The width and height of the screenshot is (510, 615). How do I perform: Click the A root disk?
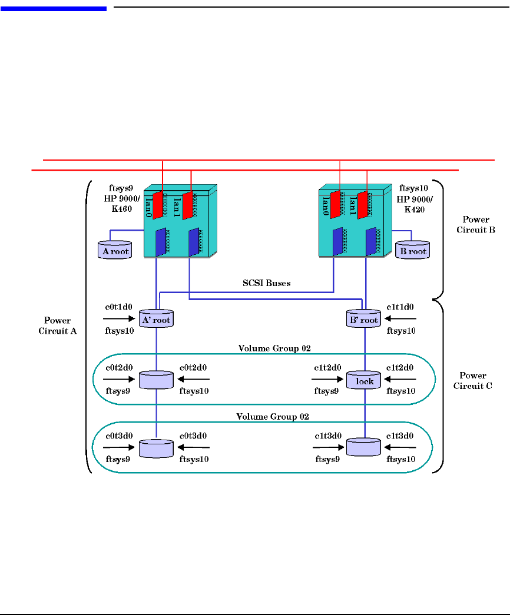[113, 250]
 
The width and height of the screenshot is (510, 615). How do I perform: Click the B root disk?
[412, 250]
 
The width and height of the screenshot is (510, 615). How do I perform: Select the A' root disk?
[155, 319]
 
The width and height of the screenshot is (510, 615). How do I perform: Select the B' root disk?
[364, 319]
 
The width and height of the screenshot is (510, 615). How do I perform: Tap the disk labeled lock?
[364, 380]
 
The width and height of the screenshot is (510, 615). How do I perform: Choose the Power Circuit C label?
[473, 381]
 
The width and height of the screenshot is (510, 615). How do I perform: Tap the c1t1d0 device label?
[400, 307]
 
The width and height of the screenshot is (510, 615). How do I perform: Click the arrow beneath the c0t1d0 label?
[117, 319]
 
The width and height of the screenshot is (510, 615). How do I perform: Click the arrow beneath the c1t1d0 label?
[402, 319]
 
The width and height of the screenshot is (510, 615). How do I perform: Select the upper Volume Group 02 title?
[274, 348]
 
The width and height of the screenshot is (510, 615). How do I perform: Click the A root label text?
[115, 251]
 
